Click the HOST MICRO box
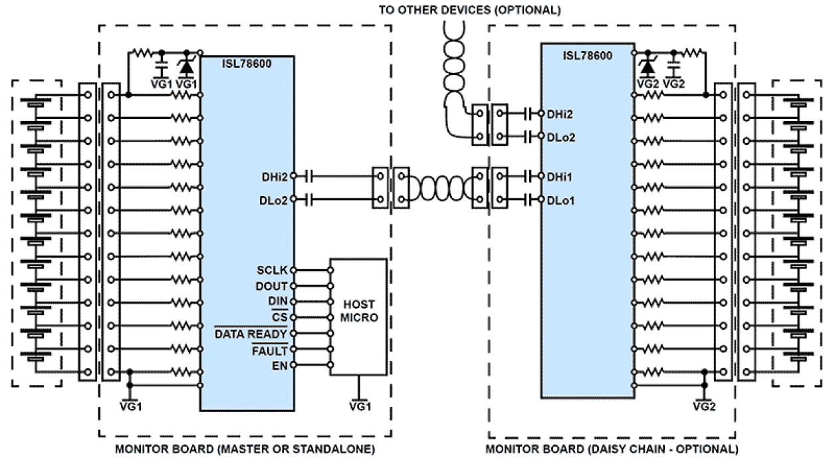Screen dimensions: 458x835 coord(358,316)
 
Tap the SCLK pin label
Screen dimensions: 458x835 coord(272,271)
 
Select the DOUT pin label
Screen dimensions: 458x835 coord(271,286)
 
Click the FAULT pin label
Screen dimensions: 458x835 coord(269,350)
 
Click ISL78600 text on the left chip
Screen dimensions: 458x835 coord(247,63)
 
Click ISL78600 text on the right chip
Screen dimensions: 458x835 coord(588,55)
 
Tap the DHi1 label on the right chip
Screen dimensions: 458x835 coord(560,177)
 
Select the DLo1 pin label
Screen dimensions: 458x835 coord(560,199)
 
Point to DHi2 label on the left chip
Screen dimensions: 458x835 coord(275,177)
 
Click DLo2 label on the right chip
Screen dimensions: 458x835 coord(560,138)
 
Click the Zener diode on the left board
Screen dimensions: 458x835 coord(187,66)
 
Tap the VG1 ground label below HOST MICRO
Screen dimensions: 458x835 coord(359,405)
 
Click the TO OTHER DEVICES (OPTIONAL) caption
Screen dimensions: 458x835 coord(469,10)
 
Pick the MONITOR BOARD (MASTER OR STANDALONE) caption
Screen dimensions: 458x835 coord(245,449)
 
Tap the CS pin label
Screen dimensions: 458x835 coord(280,317)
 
